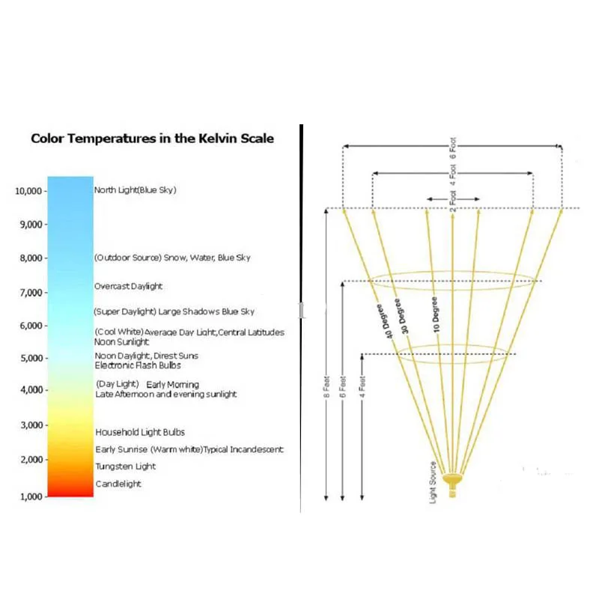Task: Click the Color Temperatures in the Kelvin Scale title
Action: point(152,139)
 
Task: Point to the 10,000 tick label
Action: point(30,191)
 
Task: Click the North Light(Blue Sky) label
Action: point(135,190)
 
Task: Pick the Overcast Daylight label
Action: point(128,286)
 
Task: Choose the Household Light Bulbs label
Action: point(140,432)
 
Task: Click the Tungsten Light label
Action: point(126,466)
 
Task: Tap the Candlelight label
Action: point(118,484)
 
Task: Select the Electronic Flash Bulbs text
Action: point(138,365)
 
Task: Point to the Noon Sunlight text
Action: point(122,341)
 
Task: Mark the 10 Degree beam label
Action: point(436,314)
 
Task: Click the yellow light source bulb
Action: point(451,478)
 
